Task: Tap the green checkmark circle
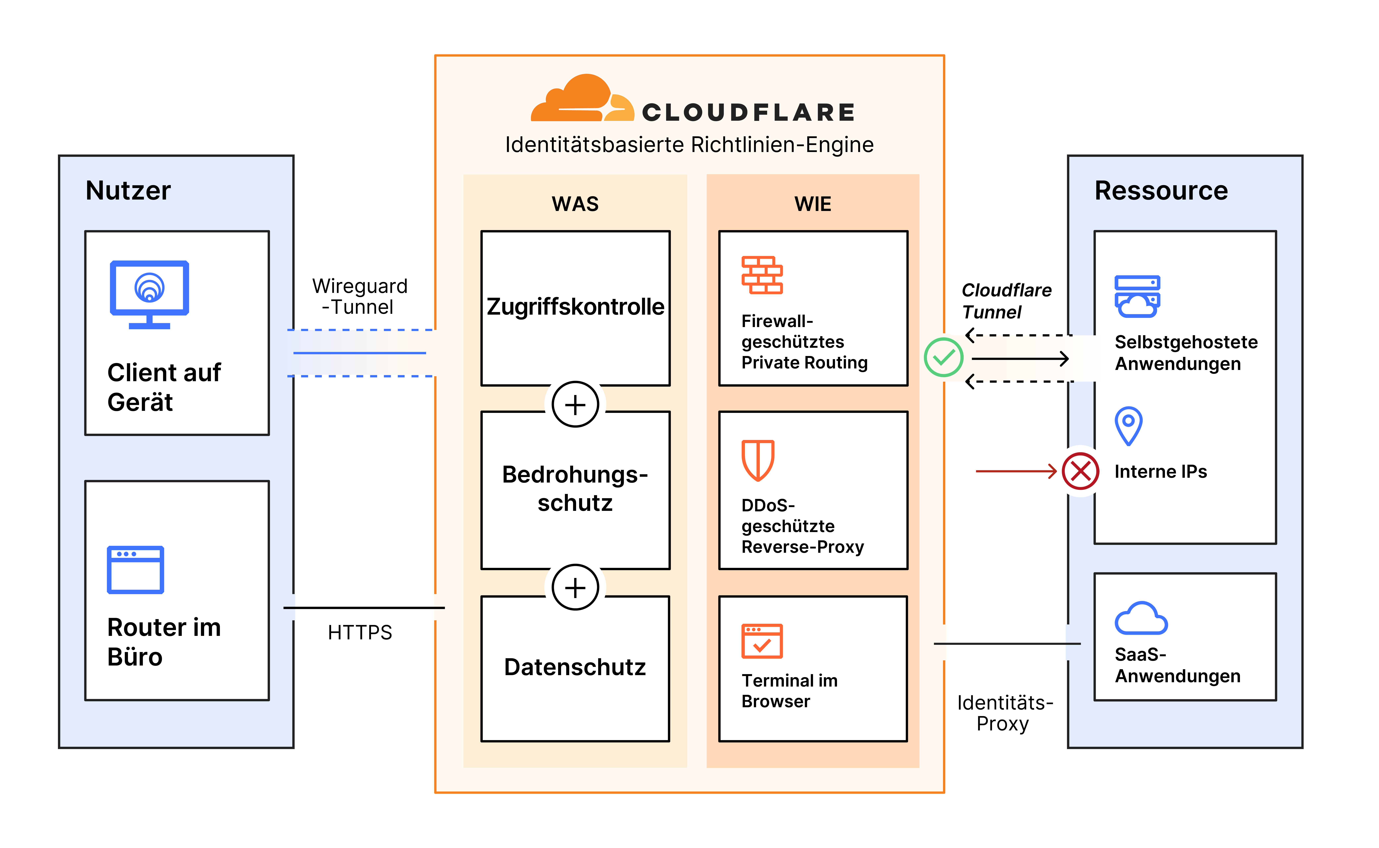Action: pyautogui.click(x=944, y=357)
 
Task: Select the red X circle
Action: pyautogui.click(x=1080, y=471)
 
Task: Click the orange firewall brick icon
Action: pyautogui.click(x=762, y=275)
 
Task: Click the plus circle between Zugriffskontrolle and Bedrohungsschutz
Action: pyautogui.click(x=575, y=404)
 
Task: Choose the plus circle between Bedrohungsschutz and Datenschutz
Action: pyautogui.click(x=575, y=587)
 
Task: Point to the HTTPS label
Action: pyautogui.click(x=360, y=633)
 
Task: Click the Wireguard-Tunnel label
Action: pyautogui.click(x=360, y=297)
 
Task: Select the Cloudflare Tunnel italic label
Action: pyautogui.click(x=1007, y=301)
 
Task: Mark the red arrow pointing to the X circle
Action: pyautogui.click(x=1016, y=471)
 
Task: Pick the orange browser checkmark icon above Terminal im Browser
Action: pyautogui.click(x=762, y=641)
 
